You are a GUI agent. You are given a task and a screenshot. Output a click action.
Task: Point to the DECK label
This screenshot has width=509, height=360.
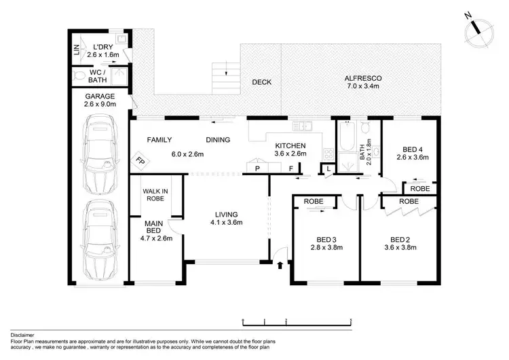(x=261, y=82)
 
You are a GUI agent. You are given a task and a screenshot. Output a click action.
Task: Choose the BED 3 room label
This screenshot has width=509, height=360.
(x=326, y=239)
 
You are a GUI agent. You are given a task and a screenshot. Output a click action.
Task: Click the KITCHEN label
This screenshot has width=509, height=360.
(x=290, y=145)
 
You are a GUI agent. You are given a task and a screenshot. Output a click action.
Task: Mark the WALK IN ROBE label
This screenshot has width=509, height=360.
(x=155, y=195)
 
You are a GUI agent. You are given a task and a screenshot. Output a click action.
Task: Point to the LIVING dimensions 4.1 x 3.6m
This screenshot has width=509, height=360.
(x=226, y=222)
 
